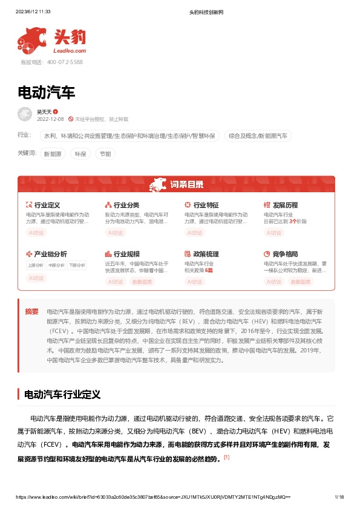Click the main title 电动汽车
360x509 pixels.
47,92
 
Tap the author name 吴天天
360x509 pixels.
44,112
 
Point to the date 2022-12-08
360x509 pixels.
50,119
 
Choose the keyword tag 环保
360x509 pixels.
80,154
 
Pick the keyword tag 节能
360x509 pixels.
105,154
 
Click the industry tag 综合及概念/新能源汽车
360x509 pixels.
258,136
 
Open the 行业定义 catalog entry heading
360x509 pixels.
47,206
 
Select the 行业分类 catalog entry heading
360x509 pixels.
126,206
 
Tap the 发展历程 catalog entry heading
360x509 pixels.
285,206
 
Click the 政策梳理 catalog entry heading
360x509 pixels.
206,254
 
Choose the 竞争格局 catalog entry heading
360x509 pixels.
285,254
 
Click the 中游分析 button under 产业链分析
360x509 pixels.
56,265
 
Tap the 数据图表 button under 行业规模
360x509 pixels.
143,282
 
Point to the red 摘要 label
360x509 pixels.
31,312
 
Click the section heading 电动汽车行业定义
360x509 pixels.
62,394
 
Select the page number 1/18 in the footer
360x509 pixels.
339,497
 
